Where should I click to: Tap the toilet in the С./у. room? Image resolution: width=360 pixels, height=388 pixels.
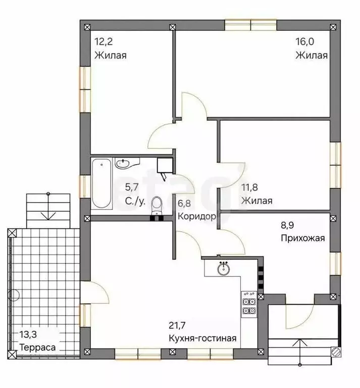click(157, 207)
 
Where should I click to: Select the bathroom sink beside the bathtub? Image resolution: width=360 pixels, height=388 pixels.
click(124, 163)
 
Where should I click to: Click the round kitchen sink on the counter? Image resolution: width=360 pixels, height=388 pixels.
click(224, 268)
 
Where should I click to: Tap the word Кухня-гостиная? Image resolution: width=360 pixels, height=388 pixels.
click(202, 338)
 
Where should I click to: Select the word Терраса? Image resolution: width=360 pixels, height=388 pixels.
click(38, 348)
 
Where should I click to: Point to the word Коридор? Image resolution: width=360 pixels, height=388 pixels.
click(197, 216)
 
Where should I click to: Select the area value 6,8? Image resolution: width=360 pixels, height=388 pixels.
click(184, 205)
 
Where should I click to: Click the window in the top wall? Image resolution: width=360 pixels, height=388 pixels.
click(250, 24)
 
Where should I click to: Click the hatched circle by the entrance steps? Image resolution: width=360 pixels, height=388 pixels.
click(335, 352)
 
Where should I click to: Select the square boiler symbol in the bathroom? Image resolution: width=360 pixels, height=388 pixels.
click(165, 165)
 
